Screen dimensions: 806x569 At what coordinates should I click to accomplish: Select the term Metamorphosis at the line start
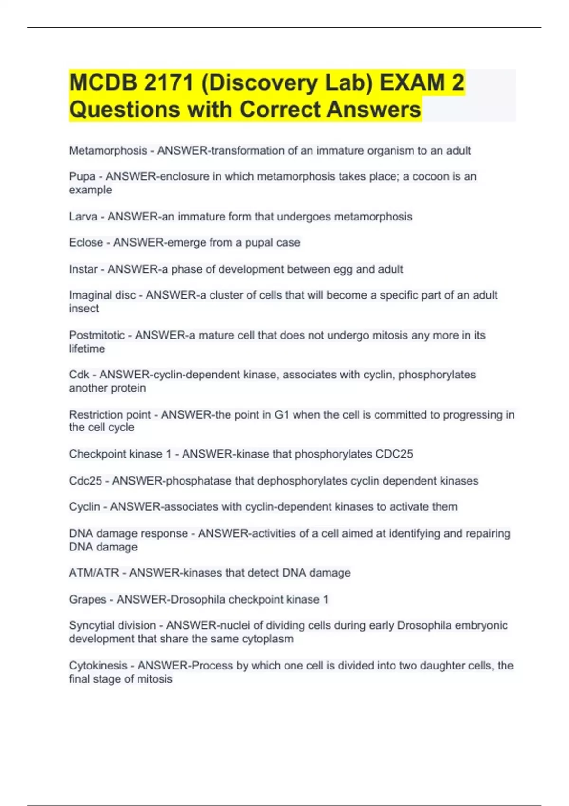click(x=108, y=151)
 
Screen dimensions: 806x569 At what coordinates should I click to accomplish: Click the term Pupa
click(x=82, y=176)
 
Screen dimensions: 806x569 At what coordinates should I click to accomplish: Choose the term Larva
click(x=83, y=217)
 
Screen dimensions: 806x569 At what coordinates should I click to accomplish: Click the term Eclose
click(x=86, y=243)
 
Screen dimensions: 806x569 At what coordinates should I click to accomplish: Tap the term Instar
click(x=83, y=269)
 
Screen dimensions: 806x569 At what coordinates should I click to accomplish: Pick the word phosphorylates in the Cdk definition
click(x=437, y=375)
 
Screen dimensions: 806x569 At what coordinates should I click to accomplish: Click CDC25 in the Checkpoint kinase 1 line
click(x=394, y=454)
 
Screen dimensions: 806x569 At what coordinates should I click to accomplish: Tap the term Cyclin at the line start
click(x=84, y=507)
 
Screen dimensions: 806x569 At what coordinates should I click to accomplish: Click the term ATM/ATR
click(x=94, y=573)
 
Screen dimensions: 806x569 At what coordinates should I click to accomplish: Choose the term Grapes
click(x=88, y=600)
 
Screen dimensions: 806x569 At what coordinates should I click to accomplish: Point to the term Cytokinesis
click(x=98, y=666)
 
